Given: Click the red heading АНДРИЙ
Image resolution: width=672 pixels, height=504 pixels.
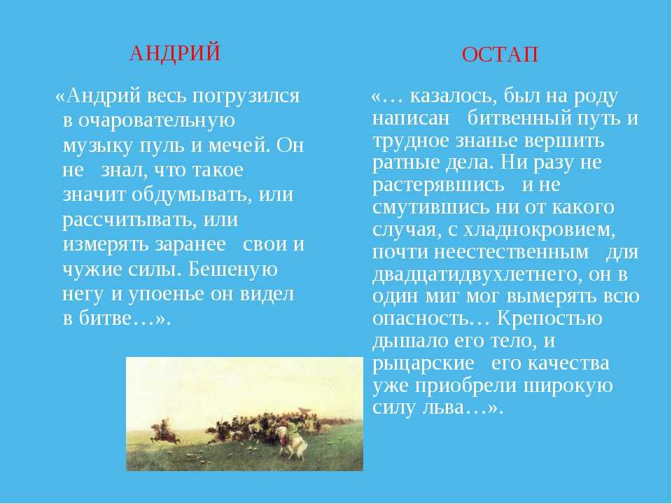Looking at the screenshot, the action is tap(175, 53).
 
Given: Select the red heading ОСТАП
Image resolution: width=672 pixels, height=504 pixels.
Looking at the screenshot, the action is tap(500, 55).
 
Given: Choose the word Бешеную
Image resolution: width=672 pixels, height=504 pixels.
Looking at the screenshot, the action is tap(232, 269).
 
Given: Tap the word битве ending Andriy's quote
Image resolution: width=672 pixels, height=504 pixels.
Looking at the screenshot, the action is tap(104, 318).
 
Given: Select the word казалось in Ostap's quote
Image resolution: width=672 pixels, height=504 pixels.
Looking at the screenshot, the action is tap(453, 97).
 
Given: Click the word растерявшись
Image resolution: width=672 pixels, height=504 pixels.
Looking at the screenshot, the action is tap(438, 185).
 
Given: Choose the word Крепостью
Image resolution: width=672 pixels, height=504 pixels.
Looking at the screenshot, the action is tap(550, 318).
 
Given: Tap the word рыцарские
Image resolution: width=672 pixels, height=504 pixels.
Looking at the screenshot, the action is tap(423, 363).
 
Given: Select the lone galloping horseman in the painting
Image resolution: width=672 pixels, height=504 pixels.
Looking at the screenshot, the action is tap(164, 431).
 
